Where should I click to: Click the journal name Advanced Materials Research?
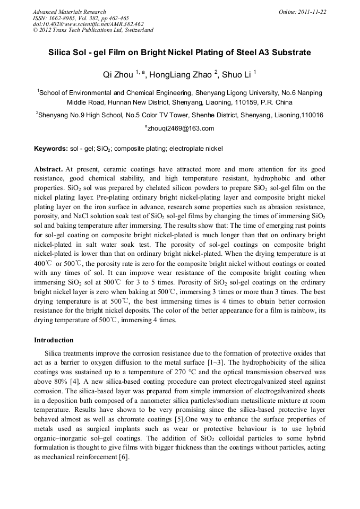[x=69, y=12]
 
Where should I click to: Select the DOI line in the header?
[x=88, y=24]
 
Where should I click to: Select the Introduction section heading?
[x=54, y=340]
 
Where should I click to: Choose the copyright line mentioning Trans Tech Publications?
[x=93, y=30]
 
